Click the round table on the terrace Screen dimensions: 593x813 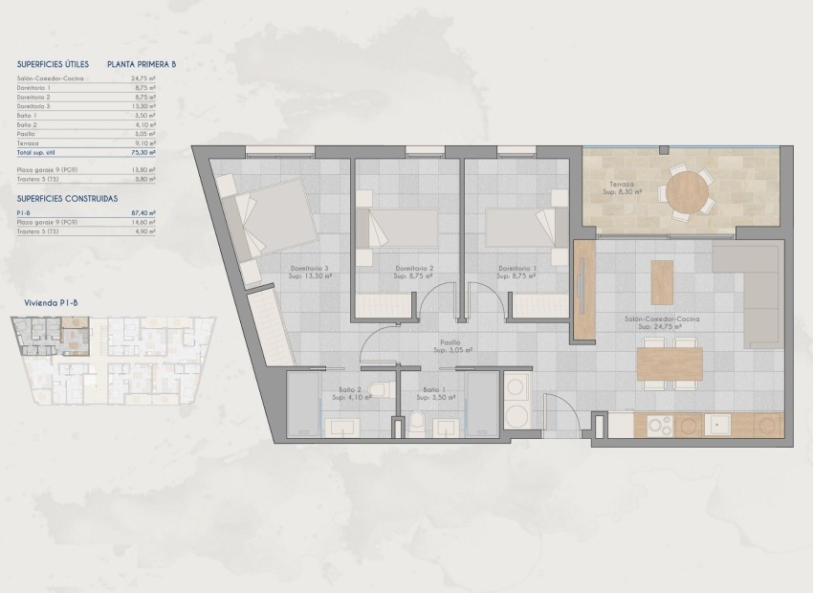coord(688,192)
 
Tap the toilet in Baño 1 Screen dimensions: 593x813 coord(417,424)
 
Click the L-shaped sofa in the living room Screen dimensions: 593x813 coord(755,287)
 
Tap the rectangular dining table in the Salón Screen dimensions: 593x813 coord(670,363)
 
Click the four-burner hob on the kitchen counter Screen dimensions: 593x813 coord(659,425)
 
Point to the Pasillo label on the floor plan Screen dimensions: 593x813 coord(450,341)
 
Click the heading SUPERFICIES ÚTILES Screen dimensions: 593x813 coord(53,65)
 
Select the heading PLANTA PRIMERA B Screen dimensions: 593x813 coord(143,65)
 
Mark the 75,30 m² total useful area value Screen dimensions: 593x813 coord(143,152)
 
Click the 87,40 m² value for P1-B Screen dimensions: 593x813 coord(143,213)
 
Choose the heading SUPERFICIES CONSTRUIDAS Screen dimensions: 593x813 coord(67,198)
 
